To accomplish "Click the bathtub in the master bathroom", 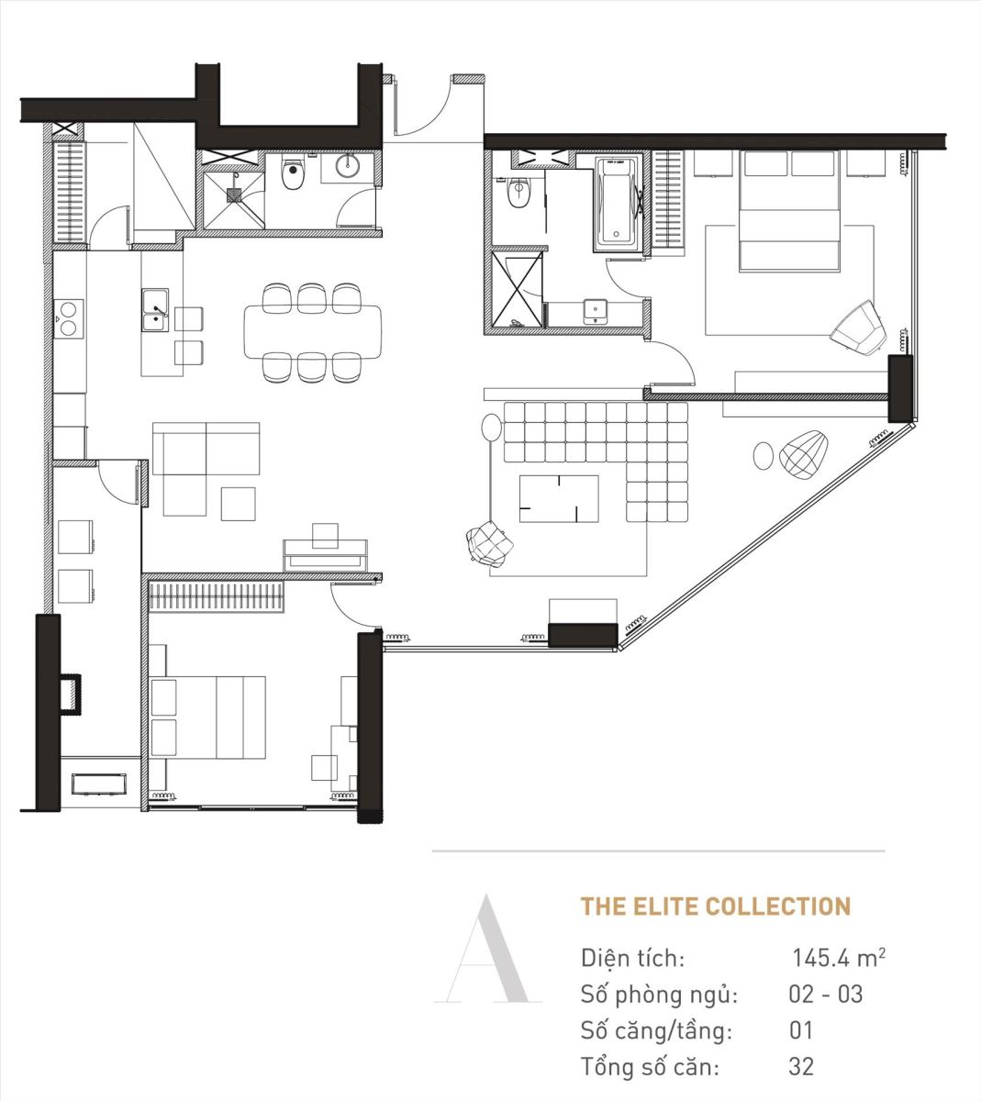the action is [x=619, y=204].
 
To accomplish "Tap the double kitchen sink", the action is [x=155, y=310].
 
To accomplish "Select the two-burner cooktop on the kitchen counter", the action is [x=69, y=319].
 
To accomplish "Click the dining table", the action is [x=313, y=331].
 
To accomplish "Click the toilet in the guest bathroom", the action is [x=294, y=173].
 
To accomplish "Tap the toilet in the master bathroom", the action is [x=518, y=195].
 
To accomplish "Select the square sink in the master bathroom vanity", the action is [x=596, y=311].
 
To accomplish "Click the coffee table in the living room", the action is [x=559, y=499].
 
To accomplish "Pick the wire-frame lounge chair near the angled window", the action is [x=804, y=454].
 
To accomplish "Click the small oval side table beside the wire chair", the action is [x=764, y=455].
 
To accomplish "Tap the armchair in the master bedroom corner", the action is [x=859, y=328].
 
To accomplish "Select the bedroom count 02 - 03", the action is [x=826, y=994].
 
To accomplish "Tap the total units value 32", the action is [x=801, y=1066].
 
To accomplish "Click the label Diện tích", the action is [x=632, y=958].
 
